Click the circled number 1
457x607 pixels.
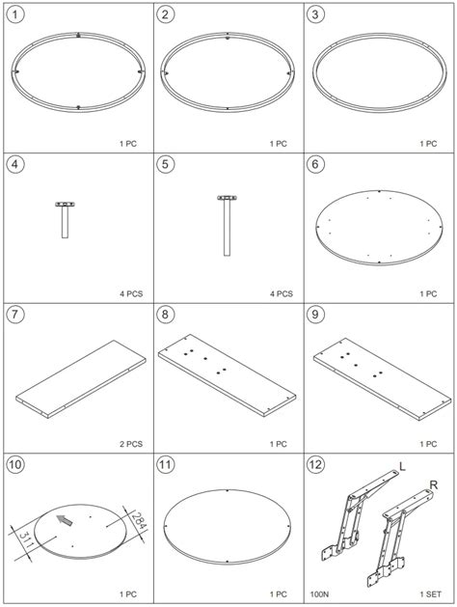[x=15, y=14]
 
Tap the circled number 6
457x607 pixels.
[x=315, y=164]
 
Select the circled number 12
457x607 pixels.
[x=315, y=464]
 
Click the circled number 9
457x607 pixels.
[x=315, y=315]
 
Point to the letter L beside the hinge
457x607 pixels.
[x=402, y=466]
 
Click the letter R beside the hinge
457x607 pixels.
[x=434, y=484]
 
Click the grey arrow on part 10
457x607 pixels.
[x=65, y=520]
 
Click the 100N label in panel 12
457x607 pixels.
[x=319, y=593]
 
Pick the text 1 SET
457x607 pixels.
[x=430, y=593]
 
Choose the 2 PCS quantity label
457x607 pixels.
[x=131, y=444]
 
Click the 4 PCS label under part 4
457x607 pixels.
[x=131, y=293]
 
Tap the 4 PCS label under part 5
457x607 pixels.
[x=282, y=293]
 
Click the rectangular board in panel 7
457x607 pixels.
[x=81, y=379]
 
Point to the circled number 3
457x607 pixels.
[x=315, y=14]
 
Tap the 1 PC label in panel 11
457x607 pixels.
[x=279, y=593]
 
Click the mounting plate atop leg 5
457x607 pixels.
[x=227, y=198]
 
